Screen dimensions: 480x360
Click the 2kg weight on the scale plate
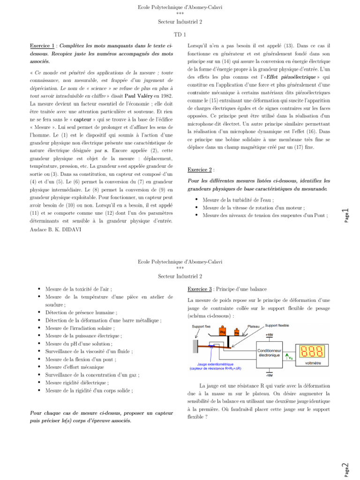[x=223, y=332]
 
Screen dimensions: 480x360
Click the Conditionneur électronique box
[x=269, y=352]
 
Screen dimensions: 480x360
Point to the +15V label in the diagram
[x=269, y=335]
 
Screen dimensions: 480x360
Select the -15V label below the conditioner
[x=269, y=375]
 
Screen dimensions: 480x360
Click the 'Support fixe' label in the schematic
[x=201, y=325]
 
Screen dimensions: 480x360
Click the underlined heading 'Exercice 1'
[x=42, y=46]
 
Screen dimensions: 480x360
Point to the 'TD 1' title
[x=180, y=35]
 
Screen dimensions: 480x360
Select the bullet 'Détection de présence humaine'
[x=81, y=312]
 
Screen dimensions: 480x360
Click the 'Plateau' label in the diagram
[x=254, y=325]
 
